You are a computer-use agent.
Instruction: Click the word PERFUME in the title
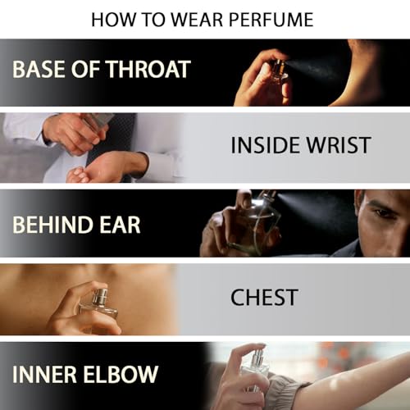pyautogui.click(x=271, y=20)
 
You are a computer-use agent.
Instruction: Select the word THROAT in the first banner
pyautogui.click(x=148, y=69)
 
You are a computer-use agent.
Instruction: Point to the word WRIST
pyautogui.click(x=338, y=145)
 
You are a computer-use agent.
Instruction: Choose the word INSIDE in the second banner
pyautogui.click(x=265, y=145)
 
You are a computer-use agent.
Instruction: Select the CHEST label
pyautogui.click(x=264, y=298)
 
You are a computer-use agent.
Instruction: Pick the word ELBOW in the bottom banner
pyautogui.click(x=121, y=374)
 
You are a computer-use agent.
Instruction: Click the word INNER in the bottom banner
pyautogui.click(x=44, y=374)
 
